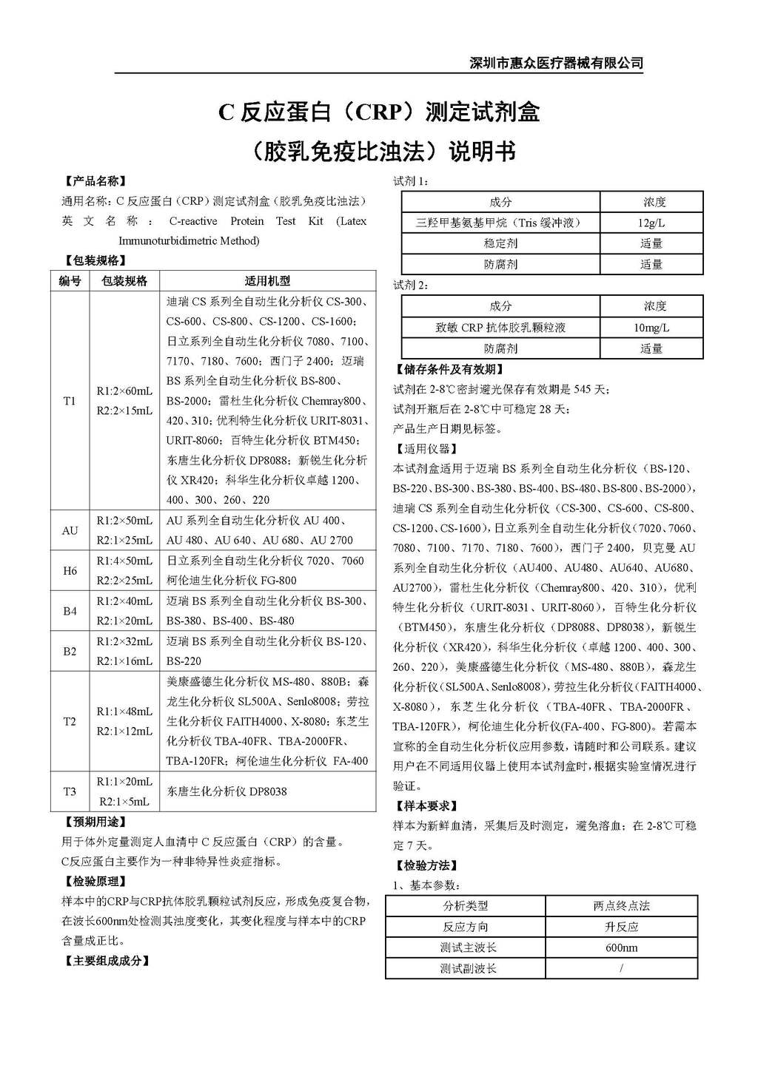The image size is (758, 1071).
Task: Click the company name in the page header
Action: click(x=557, y=63)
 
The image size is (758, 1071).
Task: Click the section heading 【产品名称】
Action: click(x=94, y=181)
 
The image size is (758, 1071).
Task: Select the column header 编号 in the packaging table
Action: click(x=70, y=281)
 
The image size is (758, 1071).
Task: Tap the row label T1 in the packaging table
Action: click(x=70, y=401)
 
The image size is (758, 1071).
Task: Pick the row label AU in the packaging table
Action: click(x=70, y=530)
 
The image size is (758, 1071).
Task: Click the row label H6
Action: click(x=70, y=571)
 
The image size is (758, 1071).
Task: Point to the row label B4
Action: click(x=70, y=611)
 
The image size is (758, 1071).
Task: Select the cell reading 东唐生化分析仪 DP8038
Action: click(x=227, y=791)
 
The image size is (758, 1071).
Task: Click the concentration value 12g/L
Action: click(x=651, y=223)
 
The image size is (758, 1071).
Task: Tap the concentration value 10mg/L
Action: click(x=651, y=328)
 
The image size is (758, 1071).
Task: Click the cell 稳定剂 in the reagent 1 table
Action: click(x=500, y=243)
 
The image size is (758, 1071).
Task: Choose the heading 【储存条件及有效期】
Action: click(x=449, y=369)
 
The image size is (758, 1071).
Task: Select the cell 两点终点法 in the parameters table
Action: click(x=621, y=906)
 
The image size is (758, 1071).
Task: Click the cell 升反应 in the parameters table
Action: click(x=621, y=927)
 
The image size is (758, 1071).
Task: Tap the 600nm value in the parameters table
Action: click(x=621, y=947)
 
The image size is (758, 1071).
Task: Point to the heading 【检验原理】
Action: click(x=94, y=881)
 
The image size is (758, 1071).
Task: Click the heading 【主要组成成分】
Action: click(x=106, y=961)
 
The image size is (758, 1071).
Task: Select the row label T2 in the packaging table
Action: click(x=70, y=721)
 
